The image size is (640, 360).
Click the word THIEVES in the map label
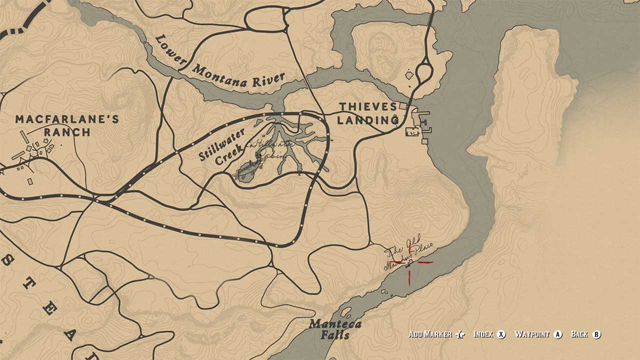coord(367,107)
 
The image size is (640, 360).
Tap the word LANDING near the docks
coord(367,120)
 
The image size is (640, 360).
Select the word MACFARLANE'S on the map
coord(67,119)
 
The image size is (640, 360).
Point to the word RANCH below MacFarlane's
coord(67,132)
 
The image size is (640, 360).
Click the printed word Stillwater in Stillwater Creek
coord(222,144)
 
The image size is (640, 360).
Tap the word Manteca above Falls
coord(335,324)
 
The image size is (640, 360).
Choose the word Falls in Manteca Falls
coord(335,335)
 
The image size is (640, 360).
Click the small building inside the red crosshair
coord(409,261)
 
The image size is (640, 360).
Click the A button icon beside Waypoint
coord(558,334)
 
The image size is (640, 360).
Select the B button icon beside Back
coord(596,334)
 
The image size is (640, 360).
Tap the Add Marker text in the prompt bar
coord(430,334)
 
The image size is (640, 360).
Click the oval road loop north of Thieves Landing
coord(424,72)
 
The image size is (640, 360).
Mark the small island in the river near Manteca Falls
coord(345,312)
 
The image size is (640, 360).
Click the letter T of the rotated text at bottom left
coord(31,284)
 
